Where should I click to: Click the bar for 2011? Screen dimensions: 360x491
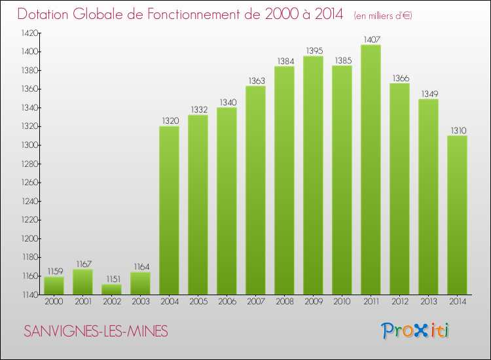coord(371,170)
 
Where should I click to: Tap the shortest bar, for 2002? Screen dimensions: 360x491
coord(111,289)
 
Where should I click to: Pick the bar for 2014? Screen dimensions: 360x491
coord(457,215)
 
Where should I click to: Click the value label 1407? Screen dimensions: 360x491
coord(371,39)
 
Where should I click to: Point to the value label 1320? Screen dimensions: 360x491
coord(169,120)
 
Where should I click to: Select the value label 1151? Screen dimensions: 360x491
coord(111,278)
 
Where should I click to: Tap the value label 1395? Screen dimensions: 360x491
coord(313,50)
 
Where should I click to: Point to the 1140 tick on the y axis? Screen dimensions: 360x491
coord(29,295)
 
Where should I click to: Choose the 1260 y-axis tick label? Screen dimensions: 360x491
coord(29,183)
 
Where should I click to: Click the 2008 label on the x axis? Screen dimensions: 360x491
coord(284,302)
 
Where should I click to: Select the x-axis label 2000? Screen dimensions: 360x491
coord(54,302)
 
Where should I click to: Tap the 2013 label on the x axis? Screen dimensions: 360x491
coord(428,302)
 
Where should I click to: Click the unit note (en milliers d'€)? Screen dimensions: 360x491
coord(384,15)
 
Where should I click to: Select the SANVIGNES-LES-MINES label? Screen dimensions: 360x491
coord(96,332)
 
